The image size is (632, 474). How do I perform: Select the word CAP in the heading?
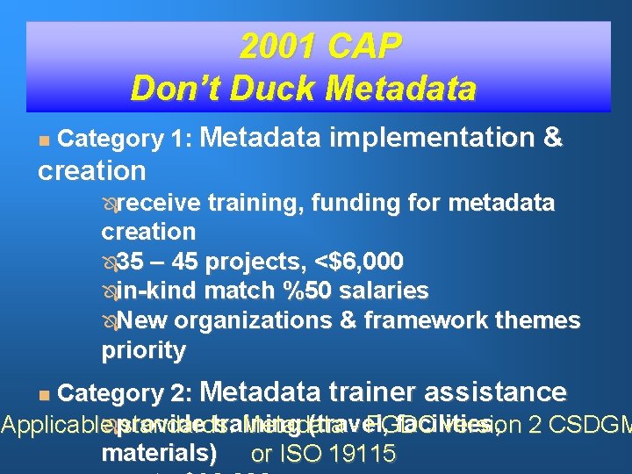(x=364, y=47)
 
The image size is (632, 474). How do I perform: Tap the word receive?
(x=159, y=204)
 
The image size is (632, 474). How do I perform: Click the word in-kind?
(x=155, y=291)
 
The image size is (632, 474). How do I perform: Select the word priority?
(x=143, y=350)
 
